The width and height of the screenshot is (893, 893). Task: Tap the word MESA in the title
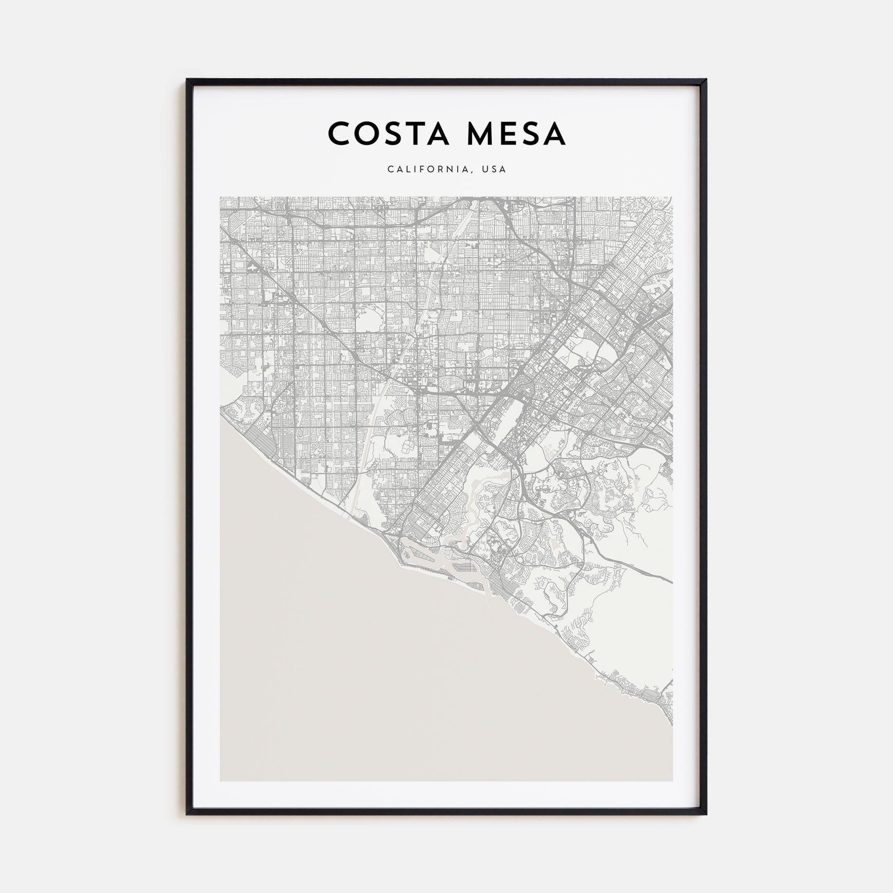click(516, 134)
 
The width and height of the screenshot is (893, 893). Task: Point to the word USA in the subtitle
click(494, 169)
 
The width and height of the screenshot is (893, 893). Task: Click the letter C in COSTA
click(339, 134)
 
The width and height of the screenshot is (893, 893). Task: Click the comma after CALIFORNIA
click(472, 171)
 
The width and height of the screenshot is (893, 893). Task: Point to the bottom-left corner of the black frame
click(187, 814)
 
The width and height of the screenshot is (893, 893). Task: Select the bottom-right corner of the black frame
click(706, 814)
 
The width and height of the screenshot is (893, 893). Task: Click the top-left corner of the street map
click(221, 197)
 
